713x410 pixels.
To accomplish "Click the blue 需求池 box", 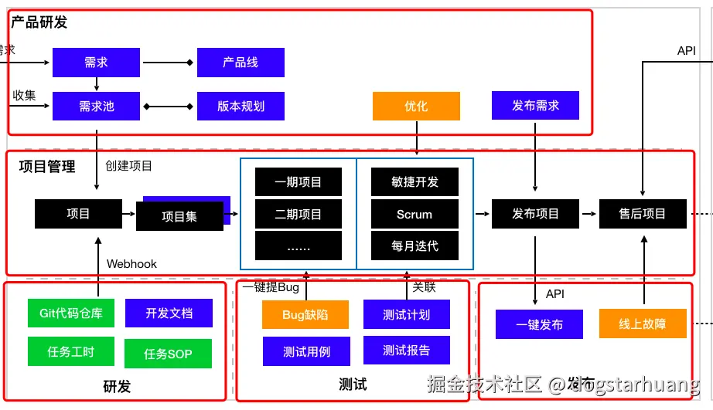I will pos(96,106).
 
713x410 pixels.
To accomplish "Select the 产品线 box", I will pos(241,62).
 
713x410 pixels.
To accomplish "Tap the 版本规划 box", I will pos(241,106).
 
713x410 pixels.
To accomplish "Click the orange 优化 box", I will pos(416,106).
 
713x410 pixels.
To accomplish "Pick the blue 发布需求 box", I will pos(535,105).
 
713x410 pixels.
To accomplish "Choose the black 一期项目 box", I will pos(298,182).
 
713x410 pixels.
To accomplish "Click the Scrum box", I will pos(414,214).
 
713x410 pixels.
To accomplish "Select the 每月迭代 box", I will pos(414,246).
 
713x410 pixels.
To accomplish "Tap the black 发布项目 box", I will pos(535,214).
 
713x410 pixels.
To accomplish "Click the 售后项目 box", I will pos(643,214).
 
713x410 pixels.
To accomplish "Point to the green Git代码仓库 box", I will pos(70,313).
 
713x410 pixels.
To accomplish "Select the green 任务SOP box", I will pos(168,354).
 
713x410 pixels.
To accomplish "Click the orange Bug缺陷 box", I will pos(305,314).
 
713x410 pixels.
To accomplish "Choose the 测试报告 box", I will pos(406,350).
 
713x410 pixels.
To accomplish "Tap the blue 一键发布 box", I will pos(539,324).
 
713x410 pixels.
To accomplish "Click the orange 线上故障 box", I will pos(643,324).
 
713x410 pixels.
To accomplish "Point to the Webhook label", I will pos(131,263).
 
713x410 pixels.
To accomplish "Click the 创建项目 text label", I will pos(128,165).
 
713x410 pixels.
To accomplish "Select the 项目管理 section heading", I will pos(47,166).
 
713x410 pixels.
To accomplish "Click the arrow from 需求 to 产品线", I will pos(168,62).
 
